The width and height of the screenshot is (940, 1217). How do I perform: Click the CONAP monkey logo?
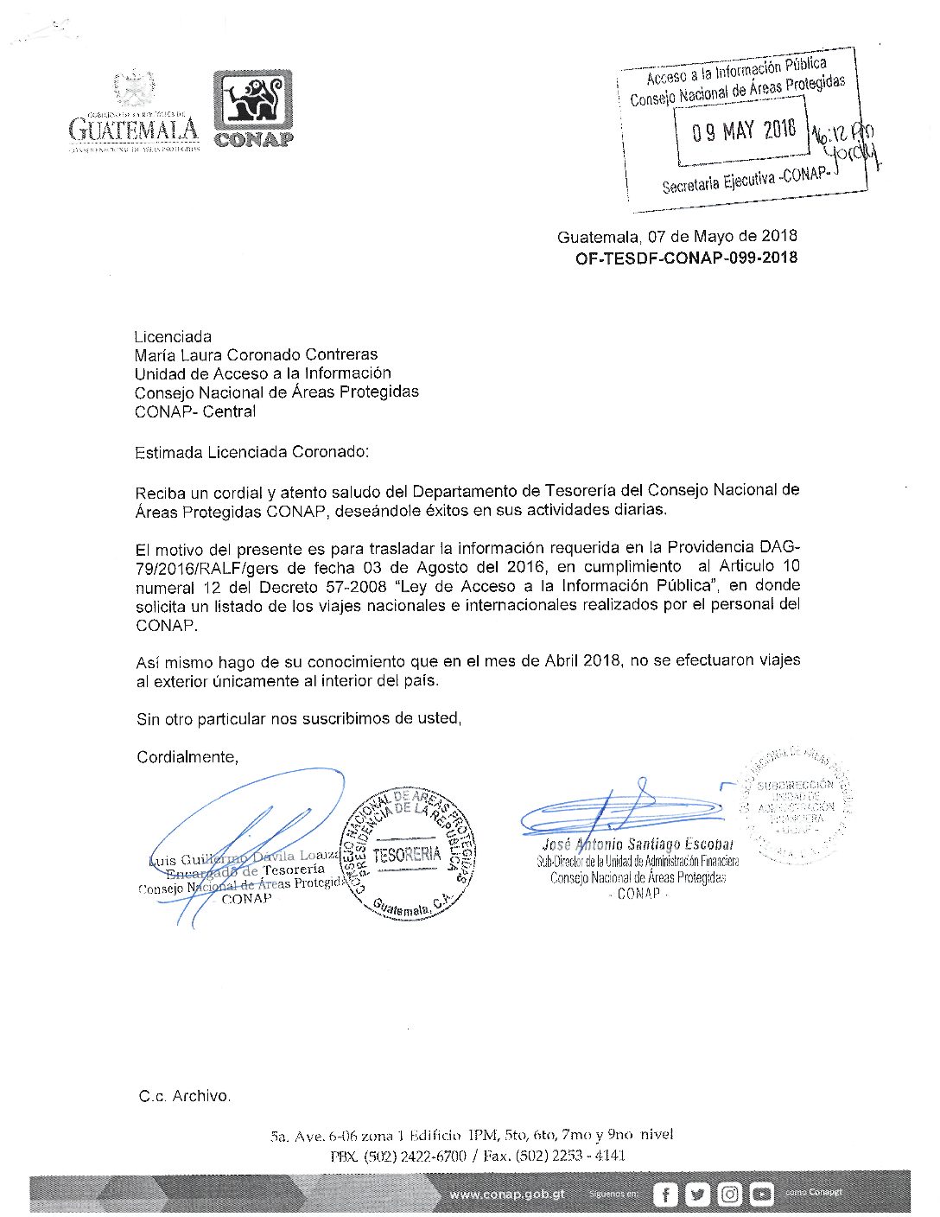tap(253, 101)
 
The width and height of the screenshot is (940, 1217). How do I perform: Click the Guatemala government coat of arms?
tap(136, 90)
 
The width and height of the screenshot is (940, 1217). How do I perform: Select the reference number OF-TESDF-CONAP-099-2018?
tap(686, 258)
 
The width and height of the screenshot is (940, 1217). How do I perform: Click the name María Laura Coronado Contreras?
tap(256, 354)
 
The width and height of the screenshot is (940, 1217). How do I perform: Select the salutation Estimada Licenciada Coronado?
tap(251, 452)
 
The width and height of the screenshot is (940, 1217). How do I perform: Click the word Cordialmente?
tap(187, 757)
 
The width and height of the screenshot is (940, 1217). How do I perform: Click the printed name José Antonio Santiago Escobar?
tap(638, 844)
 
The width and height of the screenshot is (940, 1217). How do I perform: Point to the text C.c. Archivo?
tap(184, 1096)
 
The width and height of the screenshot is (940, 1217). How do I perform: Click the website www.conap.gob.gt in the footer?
tap(507, 1194)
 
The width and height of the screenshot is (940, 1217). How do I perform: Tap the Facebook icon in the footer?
tap(665, 1195)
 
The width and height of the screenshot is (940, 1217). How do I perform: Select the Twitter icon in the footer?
tap(697, 1195)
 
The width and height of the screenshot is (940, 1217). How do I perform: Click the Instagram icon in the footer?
tap(730, 1195)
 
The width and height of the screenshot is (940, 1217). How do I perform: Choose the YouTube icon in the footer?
tap(762, 1195)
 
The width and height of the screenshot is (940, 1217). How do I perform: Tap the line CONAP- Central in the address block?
tap(195, 411)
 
